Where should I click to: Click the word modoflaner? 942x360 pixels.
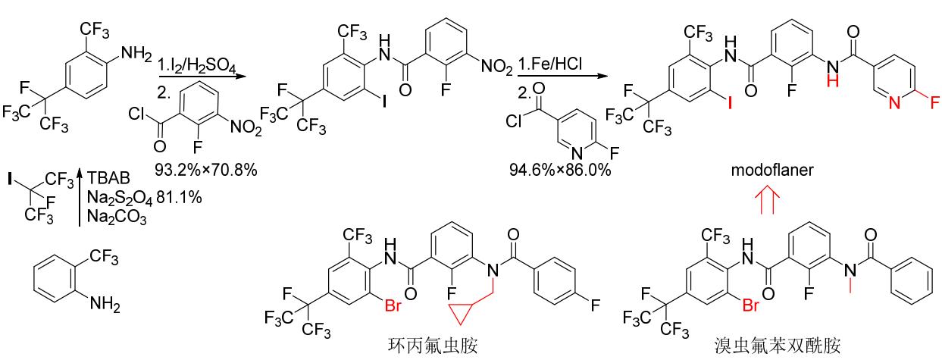point(772,170)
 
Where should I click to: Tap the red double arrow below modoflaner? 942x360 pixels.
point(767,199)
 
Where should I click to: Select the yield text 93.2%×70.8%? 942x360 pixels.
point(205,170)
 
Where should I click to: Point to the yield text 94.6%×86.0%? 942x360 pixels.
point(560,170)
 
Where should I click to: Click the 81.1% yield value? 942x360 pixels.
point(179,197)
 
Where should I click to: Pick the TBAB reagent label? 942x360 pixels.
point(108,178)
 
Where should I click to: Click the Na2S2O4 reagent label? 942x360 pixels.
point(120,199)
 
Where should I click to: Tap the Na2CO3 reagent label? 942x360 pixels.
point(117,218)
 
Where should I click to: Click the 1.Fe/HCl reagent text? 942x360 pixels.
point(550,64)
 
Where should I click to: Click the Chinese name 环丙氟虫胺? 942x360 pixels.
point(433,346)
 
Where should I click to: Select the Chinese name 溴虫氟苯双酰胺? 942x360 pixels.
point(777,346)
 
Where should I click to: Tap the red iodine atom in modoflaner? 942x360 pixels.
point(730,102)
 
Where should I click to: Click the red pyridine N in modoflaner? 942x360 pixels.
point(895,102)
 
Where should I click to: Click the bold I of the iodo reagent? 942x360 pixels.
point(10,179)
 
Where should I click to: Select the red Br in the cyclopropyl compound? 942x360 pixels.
point(393,305)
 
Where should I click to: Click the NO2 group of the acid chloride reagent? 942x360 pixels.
point(246,127)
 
